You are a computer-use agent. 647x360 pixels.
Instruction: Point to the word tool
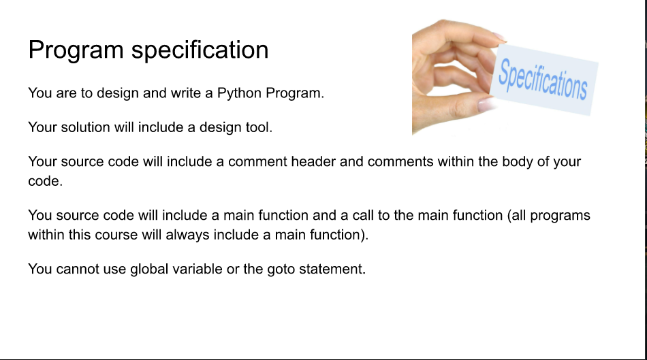tap(259, 127)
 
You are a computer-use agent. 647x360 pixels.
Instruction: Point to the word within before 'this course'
tap(46, 235)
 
